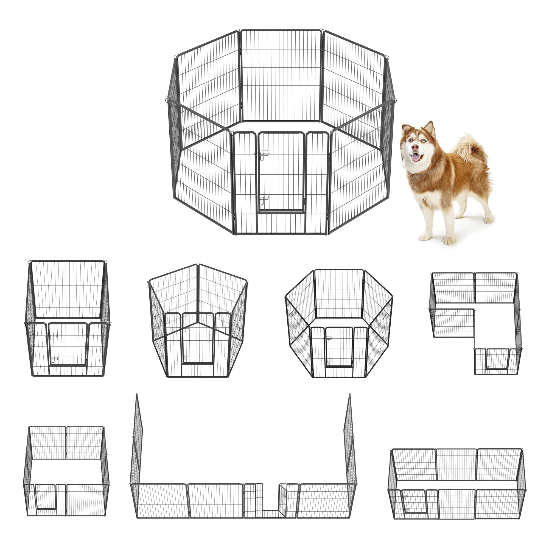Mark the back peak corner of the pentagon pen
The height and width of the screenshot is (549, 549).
pos(198,266)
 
